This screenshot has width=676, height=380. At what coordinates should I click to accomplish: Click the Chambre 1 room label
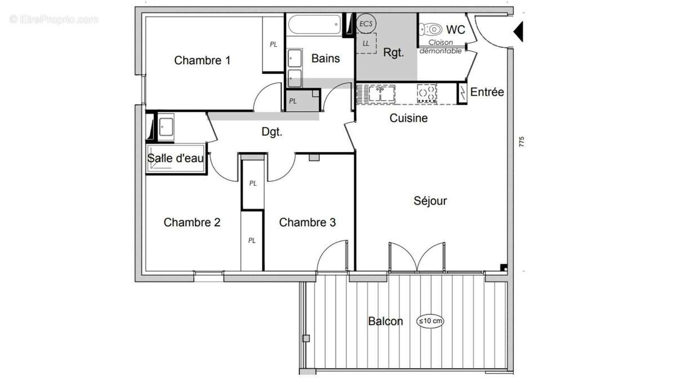click(x=202, y=60)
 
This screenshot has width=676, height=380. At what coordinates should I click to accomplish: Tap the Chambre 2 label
click(x=192, y=222)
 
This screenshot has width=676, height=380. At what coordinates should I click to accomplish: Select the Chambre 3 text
click(x=308, y=222)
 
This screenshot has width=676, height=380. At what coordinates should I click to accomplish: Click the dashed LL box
click(x=366, y=43)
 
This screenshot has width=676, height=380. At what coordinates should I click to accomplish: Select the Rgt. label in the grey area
click(x=393, y=53)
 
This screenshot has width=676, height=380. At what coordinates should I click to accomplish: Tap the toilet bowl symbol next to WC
click(x=432, y=29)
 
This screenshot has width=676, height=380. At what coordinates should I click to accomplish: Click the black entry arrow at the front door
click(x=519, y=30)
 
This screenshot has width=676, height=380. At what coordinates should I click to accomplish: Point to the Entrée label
click(x=487, y=92)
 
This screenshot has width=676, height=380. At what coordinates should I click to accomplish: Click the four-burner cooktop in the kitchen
click(x=426, y=93)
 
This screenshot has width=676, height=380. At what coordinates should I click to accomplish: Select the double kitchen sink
click(x=380, y=93)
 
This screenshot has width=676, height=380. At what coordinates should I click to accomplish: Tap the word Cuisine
click(x=408, y=118)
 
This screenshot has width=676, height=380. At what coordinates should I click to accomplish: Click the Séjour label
click(x=430, y=201)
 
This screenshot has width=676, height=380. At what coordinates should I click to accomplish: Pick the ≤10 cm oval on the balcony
click(x=430, y=321)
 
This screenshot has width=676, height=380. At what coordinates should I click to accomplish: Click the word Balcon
click(x=385, y=321)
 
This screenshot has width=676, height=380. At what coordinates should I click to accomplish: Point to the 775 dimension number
click(x=522, y=142)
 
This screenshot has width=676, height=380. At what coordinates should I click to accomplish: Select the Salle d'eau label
click(x=175, y=158)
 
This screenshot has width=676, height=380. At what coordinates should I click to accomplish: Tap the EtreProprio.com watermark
click(x=54, y=19)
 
